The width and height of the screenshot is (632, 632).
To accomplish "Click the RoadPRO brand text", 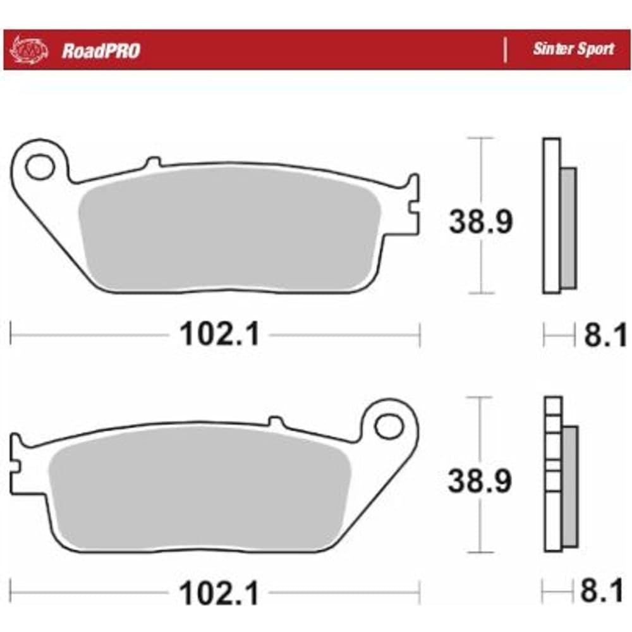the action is pyautogui.click(x=100, y=51).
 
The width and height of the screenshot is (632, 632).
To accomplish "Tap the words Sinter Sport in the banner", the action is pyautogui.click(x=573, y=49).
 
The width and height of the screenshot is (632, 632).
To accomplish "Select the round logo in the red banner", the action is pyautogui.click(x=28, y=50).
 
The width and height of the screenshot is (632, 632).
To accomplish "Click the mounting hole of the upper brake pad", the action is pyautogui.click(x=40, y=166).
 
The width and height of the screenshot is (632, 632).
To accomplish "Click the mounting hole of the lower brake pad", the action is pyautogui.click(x=389, y=426).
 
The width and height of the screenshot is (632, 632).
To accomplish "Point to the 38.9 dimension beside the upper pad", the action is pyautogui.click(x=480, y=221).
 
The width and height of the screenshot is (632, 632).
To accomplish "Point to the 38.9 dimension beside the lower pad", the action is pyautogui.click(x=480, y=480).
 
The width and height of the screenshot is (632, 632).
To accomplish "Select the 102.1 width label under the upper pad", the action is pyautogui.click(x=219, y=334).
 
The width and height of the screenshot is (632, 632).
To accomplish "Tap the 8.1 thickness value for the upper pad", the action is pyautogui.click(x=605, y=334).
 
